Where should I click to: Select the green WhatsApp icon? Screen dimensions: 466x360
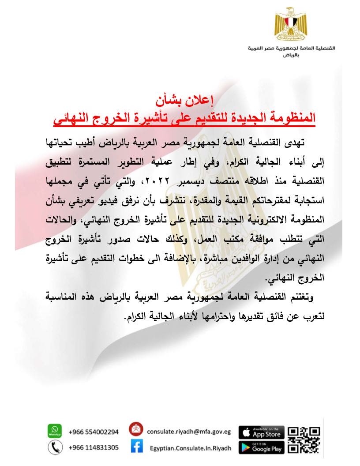[x=54, y=431]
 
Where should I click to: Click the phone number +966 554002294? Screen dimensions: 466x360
[x=94, y=432]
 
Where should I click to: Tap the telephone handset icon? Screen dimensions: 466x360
[x=54, y=447]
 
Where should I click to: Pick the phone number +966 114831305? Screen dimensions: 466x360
[x=94, y=447]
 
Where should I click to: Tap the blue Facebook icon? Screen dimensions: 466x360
[x=136, y=447]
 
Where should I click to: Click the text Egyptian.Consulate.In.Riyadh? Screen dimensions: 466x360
[x=190, y=448]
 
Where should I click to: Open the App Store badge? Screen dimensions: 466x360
[x=262, y=432]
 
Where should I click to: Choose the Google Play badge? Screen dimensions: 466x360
[x=262, y=447]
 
